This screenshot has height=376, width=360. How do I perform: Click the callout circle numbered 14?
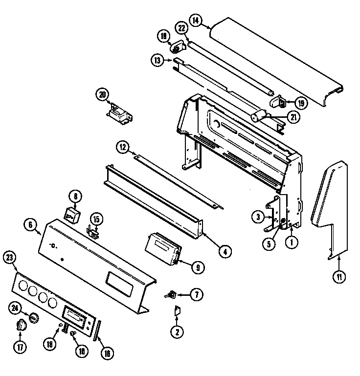click(196, 21)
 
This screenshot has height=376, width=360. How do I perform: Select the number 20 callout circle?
click(102, 95)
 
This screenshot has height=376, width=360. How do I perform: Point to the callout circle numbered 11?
click(338, 277)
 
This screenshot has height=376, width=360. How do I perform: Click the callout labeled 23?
click(9, 258)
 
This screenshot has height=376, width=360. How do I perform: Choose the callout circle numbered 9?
click(197, 267)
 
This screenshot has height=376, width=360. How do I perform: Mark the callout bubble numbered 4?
click(225, 252)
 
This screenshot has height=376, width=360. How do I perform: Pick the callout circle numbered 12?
click(122, 146)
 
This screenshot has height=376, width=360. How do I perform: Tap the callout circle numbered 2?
click(177, 332)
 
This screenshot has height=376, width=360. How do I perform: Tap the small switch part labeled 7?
click(171, 294)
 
